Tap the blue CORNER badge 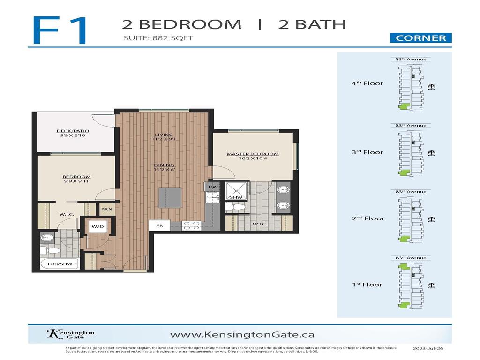tap(420, 38)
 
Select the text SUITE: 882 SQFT tap(157, 38)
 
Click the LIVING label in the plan tap(161, 136)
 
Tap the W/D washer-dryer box tap(97, 227)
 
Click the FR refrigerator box tap(159, 225)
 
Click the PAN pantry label tap(106, 209)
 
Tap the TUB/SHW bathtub tap(60, 264)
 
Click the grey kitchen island tap(170, 197)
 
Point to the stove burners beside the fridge tap(192, 225)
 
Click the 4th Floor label tap(367, 83)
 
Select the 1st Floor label tap(367, 285)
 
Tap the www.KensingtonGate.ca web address tap(242, 335)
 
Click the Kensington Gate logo tap(70, 334)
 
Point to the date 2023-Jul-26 tap(428, 349)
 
